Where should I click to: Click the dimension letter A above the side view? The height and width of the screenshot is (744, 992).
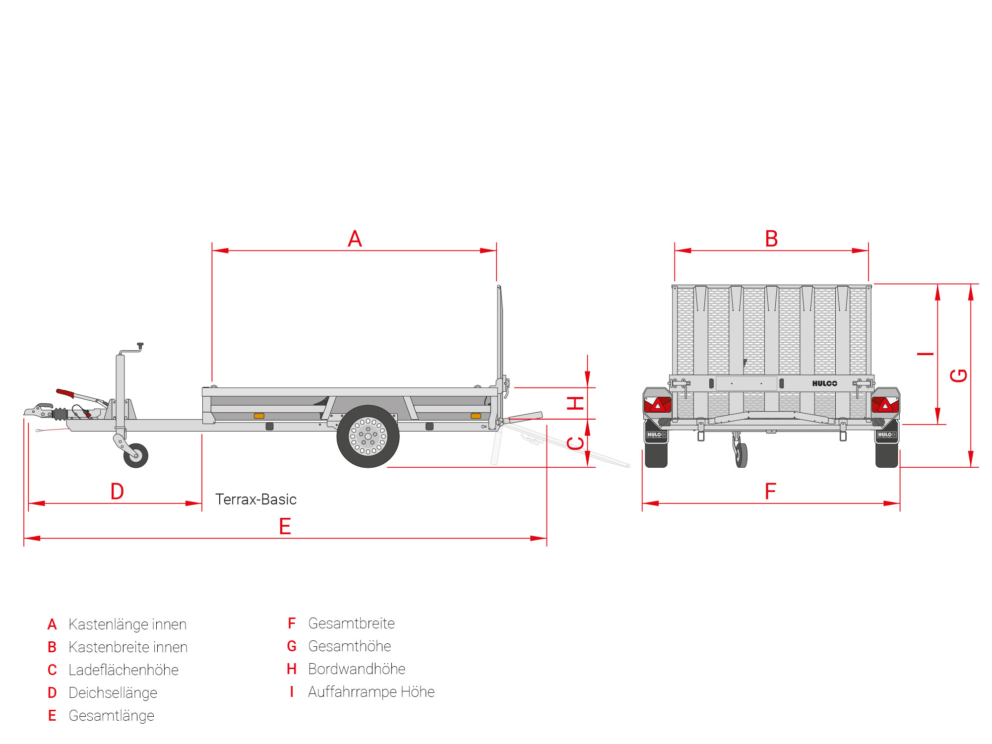click(355, 239)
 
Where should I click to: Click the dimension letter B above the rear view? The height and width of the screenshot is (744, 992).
click(771, 239)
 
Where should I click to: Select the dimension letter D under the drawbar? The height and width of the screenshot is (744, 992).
click(117, 492)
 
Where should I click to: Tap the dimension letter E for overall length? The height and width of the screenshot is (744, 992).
click(285, 526)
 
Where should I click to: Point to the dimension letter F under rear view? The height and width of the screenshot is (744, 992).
click(770, 492)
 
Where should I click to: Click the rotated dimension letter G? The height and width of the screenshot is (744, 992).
click(959, 375)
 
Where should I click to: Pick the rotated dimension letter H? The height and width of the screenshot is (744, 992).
click(575, 403)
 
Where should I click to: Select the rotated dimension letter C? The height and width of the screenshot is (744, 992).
click(575, 443)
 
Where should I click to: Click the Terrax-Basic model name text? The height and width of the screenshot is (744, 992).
click(256, 499)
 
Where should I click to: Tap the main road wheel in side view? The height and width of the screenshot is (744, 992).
click(368, 436)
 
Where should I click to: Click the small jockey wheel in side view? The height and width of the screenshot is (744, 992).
click(136, 455)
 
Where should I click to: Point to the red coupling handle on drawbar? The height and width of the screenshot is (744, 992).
click(65, 393)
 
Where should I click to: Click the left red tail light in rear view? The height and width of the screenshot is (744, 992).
click(657, 405)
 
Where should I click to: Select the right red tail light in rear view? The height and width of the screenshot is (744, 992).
click(885, 405)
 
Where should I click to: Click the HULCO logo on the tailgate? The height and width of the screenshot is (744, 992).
click(824, 383)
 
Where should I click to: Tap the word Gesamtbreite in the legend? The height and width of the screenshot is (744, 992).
click(351, 623)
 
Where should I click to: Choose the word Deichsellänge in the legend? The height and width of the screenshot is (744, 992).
click(113, 693)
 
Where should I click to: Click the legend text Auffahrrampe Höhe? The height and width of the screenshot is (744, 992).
click(371, 692)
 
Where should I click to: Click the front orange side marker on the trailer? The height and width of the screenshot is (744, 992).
click(259, 416)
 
